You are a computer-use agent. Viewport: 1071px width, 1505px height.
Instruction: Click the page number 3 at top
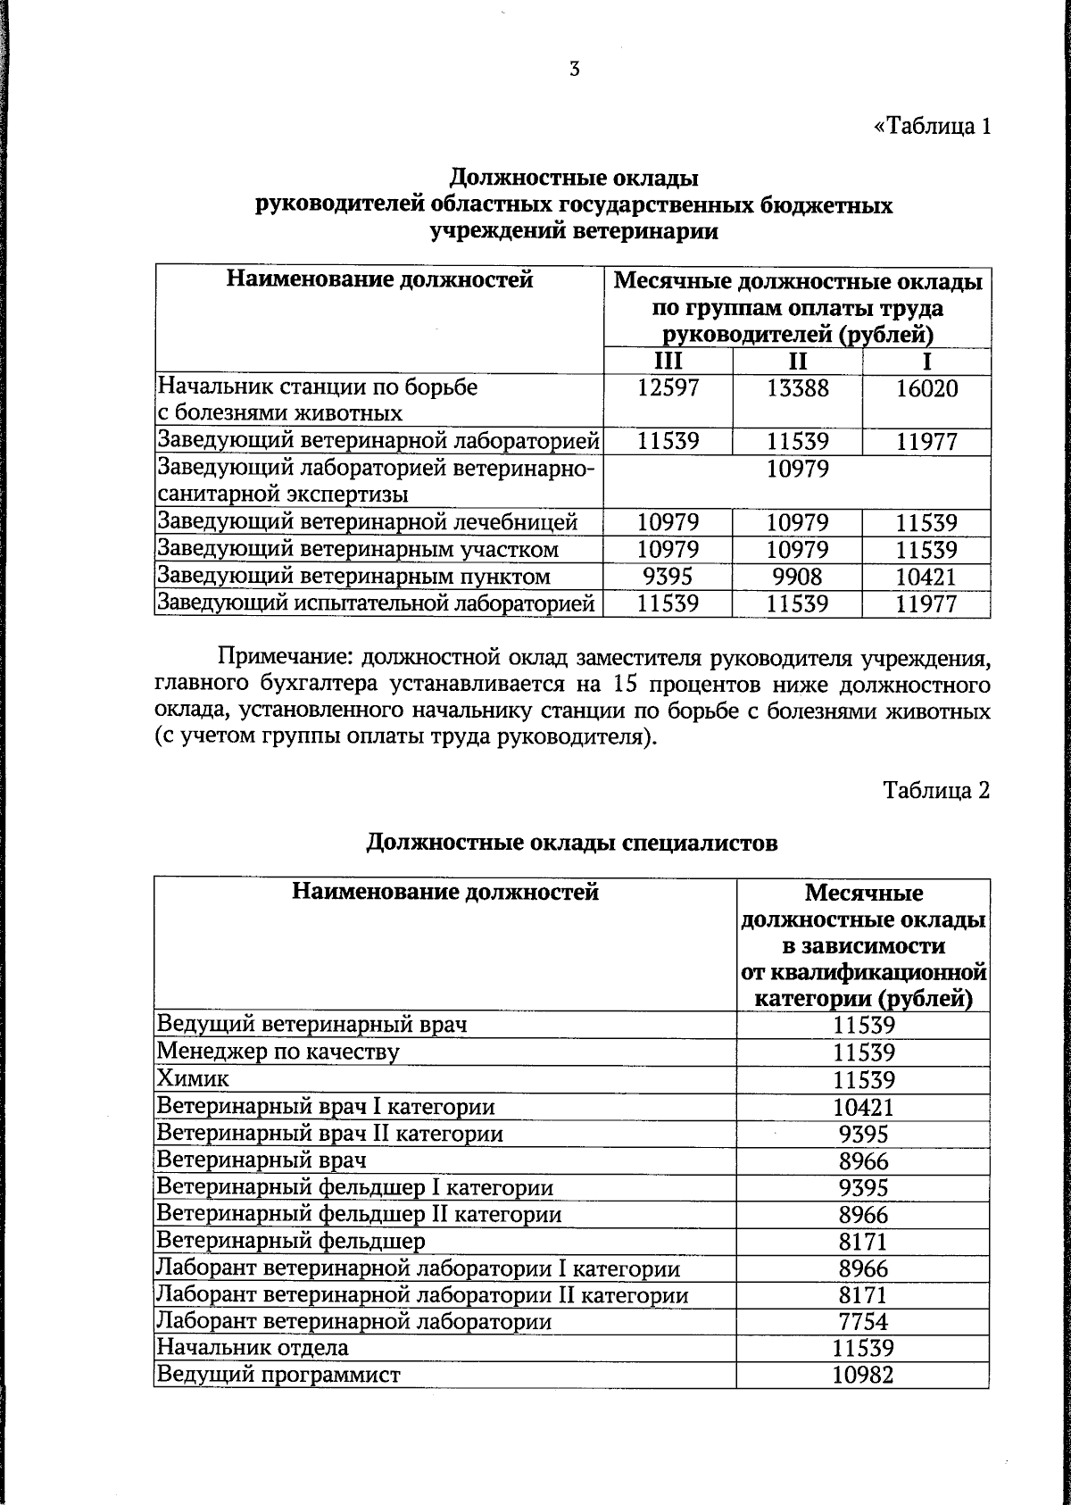click(x=575, y=69)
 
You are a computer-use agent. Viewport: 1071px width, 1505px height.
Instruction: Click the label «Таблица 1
click(x=932, y=126)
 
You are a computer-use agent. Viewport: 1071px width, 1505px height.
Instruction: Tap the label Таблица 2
click(x=936, y=790)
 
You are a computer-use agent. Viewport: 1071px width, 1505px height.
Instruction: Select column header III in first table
click(x=667, y=362)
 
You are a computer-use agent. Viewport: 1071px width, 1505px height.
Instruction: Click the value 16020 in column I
click(x=926, y=389)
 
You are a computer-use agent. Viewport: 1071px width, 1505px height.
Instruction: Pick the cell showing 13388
click(x=797, y=389)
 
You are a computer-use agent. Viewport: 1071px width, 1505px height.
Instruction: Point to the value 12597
click(x=668, y=389)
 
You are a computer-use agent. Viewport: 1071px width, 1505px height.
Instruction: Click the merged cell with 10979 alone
click(x=797, y=470)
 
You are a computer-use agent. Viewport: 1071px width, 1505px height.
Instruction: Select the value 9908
click(x=797, y=577)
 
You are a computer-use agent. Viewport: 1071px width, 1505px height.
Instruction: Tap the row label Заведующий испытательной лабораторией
click(x=376, y=604)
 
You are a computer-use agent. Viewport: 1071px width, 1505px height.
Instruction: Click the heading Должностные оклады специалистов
click(x=572, y=842)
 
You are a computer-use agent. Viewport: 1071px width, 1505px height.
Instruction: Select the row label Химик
click(x=193, y=1079)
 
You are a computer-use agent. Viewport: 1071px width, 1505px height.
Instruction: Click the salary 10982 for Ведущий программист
click(x=862, y=1375)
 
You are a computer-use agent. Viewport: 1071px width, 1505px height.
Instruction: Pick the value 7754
click(x=862, y=1321)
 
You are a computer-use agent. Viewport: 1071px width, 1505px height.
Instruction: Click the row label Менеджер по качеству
click(x=278, y=1052)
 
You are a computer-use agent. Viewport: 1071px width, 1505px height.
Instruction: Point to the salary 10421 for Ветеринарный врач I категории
click(x=862, y=1107)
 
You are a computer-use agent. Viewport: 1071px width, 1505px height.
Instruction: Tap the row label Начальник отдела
click(x=253, y=1348)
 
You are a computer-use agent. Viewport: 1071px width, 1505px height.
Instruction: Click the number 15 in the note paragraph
click(x=599, y=686)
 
